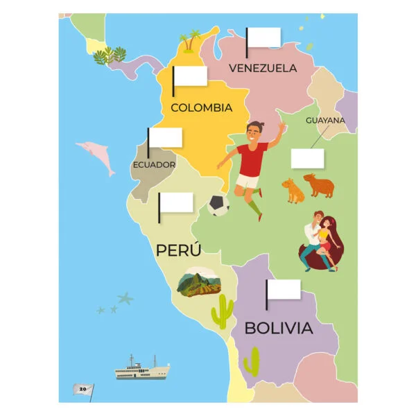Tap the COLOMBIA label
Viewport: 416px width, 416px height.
pos(201,107)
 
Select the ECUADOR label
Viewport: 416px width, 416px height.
pos(154,165)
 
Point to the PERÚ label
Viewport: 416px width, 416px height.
pos(178,250)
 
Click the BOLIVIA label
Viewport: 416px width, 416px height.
pos(279,329)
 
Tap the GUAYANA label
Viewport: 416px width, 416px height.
pos(325,120)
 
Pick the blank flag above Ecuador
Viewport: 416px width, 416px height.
pos(166,137)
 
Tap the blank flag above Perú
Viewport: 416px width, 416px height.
pos(177,202)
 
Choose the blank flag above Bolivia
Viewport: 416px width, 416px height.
pos(284,289)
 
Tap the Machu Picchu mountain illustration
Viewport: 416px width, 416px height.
pos(200,283)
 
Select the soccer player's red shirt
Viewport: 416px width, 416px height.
pos(250,159)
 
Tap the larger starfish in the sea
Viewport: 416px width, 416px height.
pos(125,299)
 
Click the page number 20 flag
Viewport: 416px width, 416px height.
pos(83,389)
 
